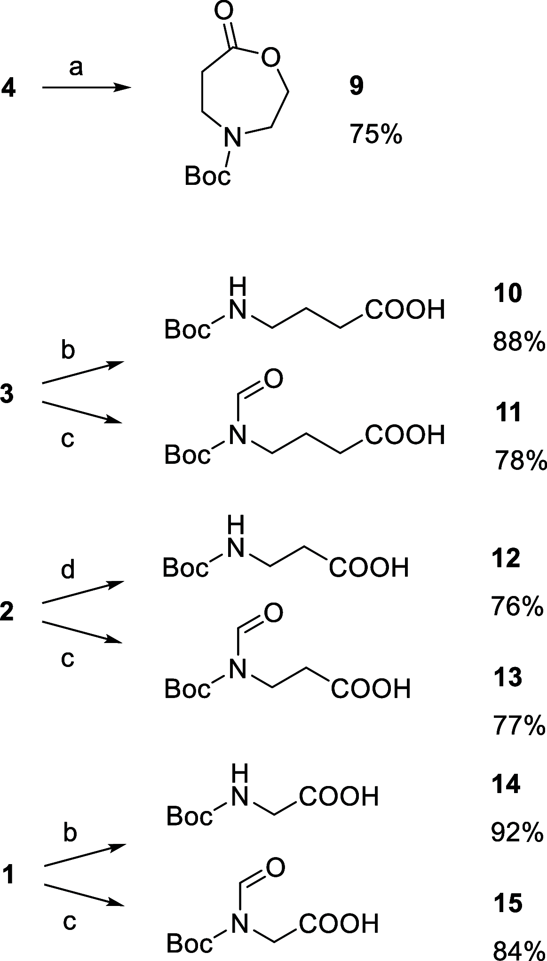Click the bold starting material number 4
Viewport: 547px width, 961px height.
coord(9,88)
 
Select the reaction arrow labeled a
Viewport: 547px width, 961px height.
coord(87,88)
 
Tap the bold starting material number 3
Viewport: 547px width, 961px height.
coord(7,394)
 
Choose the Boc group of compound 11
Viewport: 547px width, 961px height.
coord(187,455)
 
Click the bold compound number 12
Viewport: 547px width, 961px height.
coord(507,559)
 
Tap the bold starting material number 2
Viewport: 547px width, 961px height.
coord(7,613)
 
